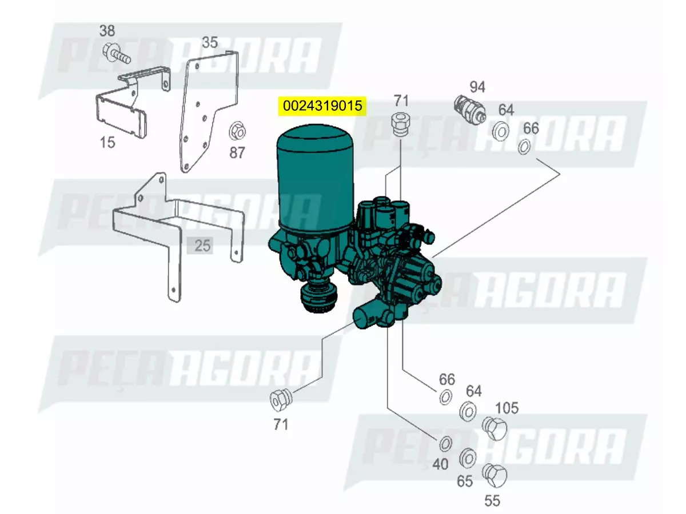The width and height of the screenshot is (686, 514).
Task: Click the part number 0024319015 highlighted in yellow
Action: pyautogui.click(x=322, y=106)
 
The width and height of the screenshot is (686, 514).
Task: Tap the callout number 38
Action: pyautogui.click(x=107, y=31)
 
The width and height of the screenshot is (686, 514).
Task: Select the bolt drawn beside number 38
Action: pyautogui.click(x=115, y=54)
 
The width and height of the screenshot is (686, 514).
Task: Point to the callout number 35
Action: pyautogui.click(x=210, y=42)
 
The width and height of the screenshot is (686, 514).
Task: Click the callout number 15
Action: pyautogui.click(x=107, y=142)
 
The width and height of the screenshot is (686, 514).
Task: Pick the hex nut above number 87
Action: pyautogui.click(x=237, y=131)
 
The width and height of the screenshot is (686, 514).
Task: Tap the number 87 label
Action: pyautogui.click(x=237, y=152)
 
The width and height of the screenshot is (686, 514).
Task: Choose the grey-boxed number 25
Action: pyautogui.click(x=202, y=246)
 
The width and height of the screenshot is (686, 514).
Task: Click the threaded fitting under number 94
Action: pyautogui.click(x=468, y=109)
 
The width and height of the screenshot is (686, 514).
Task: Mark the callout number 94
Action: pyautogui.click(x=477, y=87)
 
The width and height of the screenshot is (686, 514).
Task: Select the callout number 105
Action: pyautogui.click(x=506, y=408)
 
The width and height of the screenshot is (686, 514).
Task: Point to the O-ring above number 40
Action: pyautogui.click(x=445, y=443)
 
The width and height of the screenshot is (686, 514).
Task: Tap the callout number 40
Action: pyautogui.click(x=440, y=464)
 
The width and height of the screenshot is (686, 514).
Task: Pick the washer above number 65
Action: pyautogui.click(x=467, y=457)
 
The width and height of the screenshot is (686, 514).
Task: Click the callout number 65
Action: pyautogui.click(x=465, y=481)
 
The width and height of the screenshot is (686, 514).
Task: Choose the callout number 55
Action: pyautogui.click(x=492, y=501)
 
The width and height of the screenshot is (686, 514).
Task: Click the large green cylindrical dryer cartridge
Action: pyautogui.click(x=314, y=177)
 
